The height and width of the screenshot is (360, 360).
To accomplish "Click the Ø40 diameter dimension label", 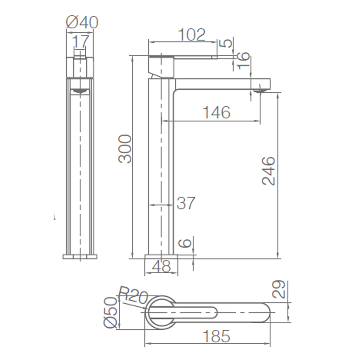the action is (x=82, y=22).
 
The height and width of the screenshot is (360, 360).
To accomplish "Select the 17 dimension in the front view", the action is (x=80, y=41).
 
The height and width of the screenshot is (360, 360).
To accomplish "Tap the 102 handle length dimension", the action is (x=192, y=35).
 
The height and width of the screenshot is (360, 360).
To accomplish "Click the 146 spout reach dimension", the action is (x=216, y=112).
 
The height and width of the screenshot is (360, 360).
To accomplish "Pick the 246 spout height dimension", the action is (x=268, y=171).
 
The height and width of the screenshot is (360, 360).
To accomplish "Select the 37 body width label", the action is (x=186, y=203).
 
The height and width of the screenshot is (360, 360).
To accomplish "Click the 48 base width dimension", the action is (x=162, y=266).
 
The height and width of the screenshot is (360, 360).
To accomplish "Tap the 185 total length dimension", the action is (x=216, y=336).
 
